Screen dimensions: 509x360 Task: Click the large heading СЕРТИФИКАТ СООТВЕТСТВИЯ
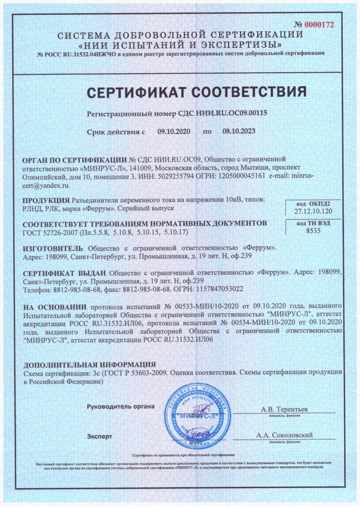[180, 93]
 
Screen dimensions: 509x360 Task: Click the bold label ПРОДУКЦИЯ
[45, 200]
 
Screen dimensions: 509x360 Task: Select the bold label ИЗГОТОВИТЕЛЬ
[49, 248]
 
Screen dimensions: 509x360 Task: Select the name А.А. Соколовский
[285, 435]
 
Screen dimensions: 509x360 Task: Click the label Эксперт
[100, 435]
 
